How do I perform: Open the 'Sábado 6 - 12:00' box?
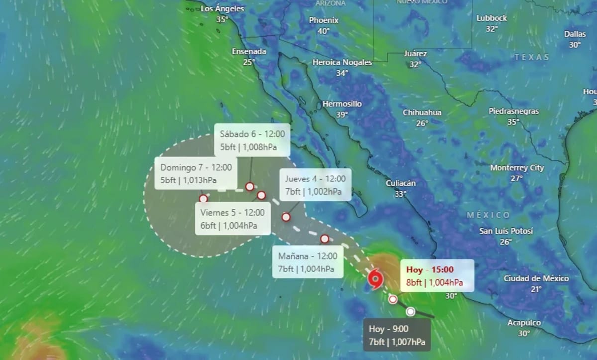pyautogui.click(x=252, y=140)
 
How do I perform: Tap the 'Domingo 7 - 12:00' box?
pyautogui.click(x=196, y=174)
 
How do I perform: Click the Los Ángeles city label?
pyautogui.click(x=223, y=8)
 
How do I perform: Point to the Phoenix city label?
pyautogui.click(x=324, y=20)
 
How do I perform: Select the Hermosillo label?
pyautogui.click(x=342, y=104)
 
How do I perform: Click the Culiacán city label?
pyautogui.click(x=400, y=183)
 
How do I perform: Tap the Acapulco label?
pyautogui.click(x=524, y=323)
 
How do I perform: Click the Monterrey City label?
pyautogui.click(x=517, y=168)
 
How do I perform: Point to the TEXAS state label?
pyautogui.click(x=532, y=57)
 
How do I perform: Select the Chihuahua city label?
pyautogui.click(x=422, y=112)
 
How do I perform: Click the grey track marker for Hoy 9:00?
pyautogui.click(x=410, y=312)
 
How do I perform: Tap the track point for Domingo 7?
pyautogui.click(x=203, y=198)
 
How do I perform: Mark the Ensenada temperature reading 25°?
pyautogui.click(x=249, y=62)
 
